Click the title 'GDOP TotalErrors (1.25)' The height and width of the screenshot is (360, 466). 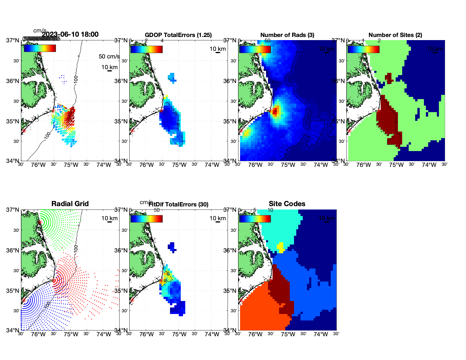178,35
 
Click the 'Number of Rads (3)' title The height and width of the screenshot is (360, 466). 287,35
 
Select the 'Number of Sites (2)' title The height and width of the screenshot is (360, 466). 395,35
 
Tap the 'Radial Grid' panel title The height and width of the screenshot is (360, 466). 70,204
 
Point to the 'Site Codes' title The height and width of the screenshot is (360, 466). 287,204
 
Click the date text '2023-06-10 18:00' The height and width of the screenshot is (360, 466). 70,34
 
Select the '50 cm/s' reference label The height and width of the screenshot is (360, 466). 109,56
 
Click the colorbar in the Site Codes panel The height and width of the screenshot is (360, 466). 255,219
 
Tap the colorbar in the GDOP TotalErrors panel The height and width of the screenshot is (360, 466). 146,49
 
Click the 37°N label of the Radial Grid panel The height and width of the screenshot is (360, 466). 13,210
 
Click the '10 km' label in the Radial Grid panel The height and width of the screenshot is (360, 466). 109,218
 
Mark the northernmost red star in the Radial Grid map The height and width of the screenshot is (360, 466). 40,222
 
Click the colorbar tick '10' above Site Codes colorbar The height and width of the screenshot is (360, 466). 270,210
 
